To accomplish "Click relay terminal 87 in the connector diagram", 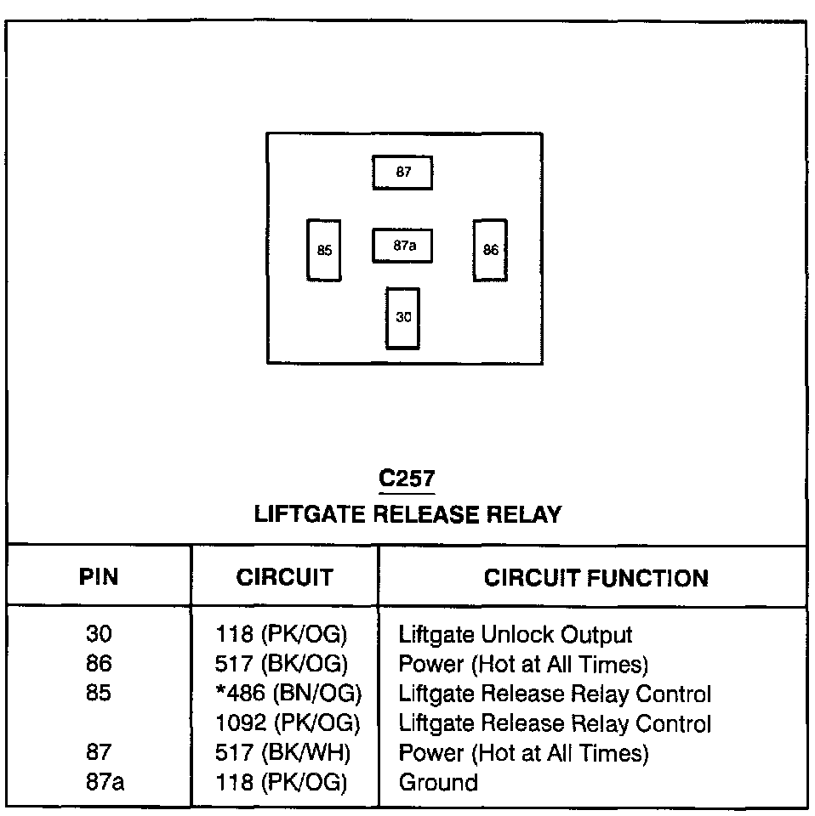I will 402,173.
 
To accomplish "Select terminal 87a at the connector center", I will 402,246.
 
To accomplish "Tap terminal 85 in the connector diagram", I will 324,250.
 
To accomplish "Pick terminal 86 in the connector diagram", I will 490,250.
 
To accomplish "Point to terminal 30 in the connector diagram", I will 402,317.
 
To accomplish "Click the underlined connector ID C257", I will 407,479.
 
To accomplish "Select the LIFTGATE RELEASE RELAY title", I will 407,514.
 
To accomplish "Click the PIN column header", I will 99,578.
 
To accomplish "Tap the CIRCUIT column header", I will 284,578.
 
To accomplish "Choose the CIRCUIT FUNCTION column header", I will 596,578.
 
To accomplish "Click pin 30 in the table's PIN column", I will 99,634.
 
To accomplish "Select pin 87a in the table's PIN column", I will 104,782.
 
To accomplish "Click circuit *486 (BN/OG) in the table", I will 288,694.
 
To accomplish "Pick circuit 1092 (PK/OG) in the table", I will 288,723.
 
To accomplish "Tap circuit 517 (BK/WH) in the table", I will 283,753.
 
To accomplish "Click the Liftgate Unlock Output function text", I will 516,634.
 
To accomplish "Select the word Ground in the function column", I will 437,782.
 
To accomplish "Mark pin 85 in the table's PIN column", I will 99,694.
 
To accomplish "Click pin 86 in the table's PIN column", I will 99,664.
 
